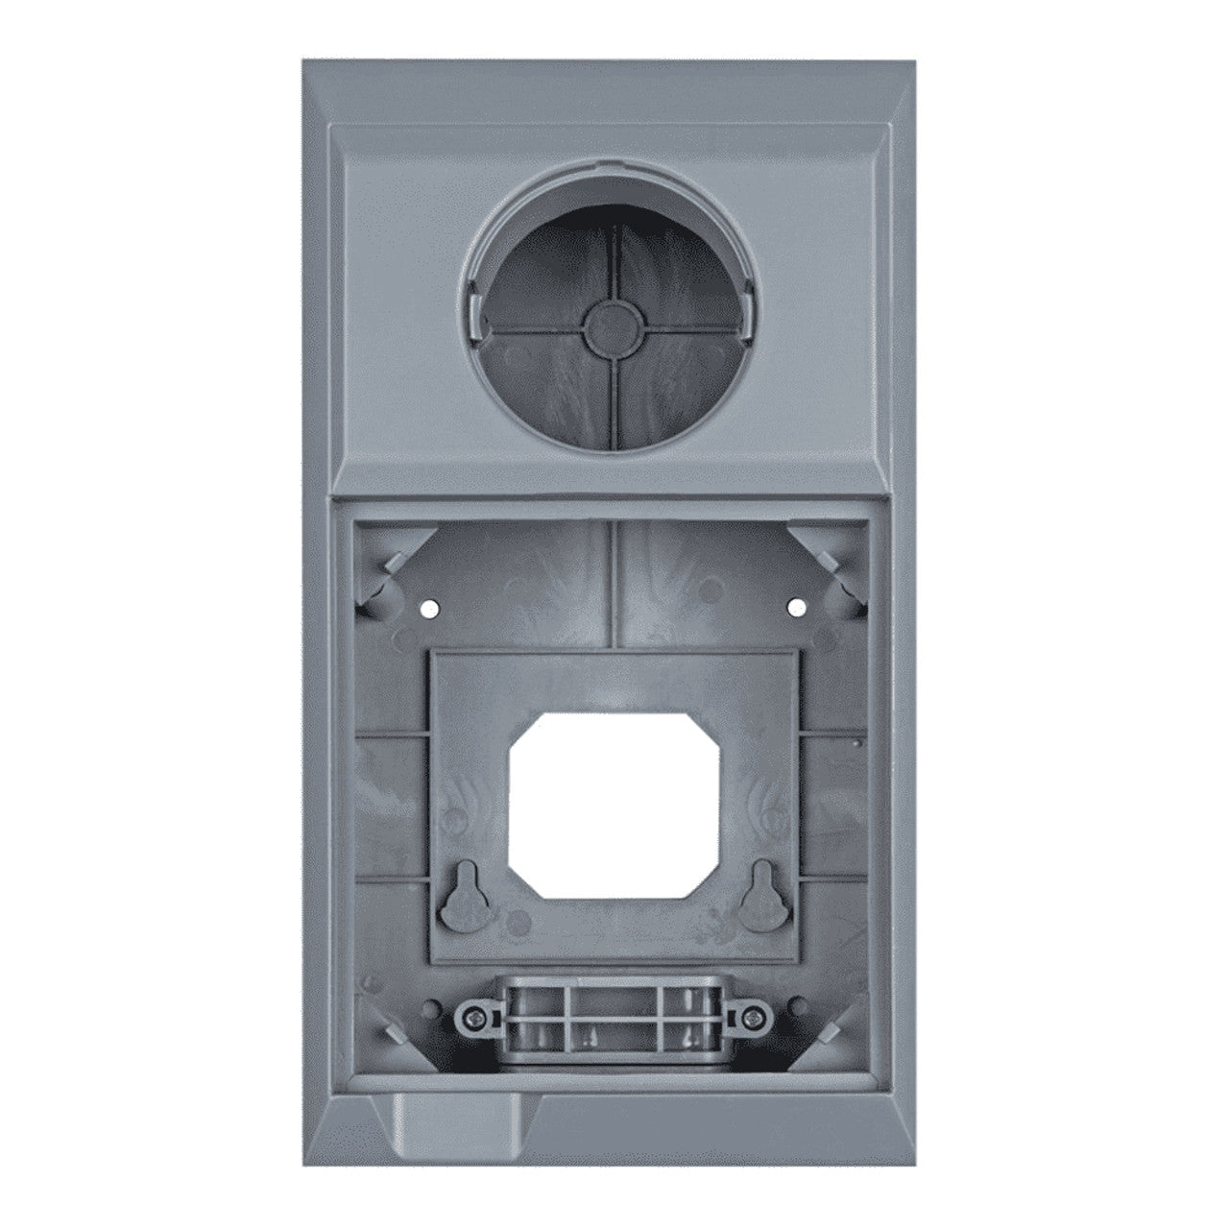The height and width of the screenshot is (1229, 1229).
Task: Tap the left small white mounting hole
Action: (428, 608)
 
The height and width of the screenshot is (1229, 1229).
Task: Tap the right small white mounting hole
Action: (795, 606)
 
